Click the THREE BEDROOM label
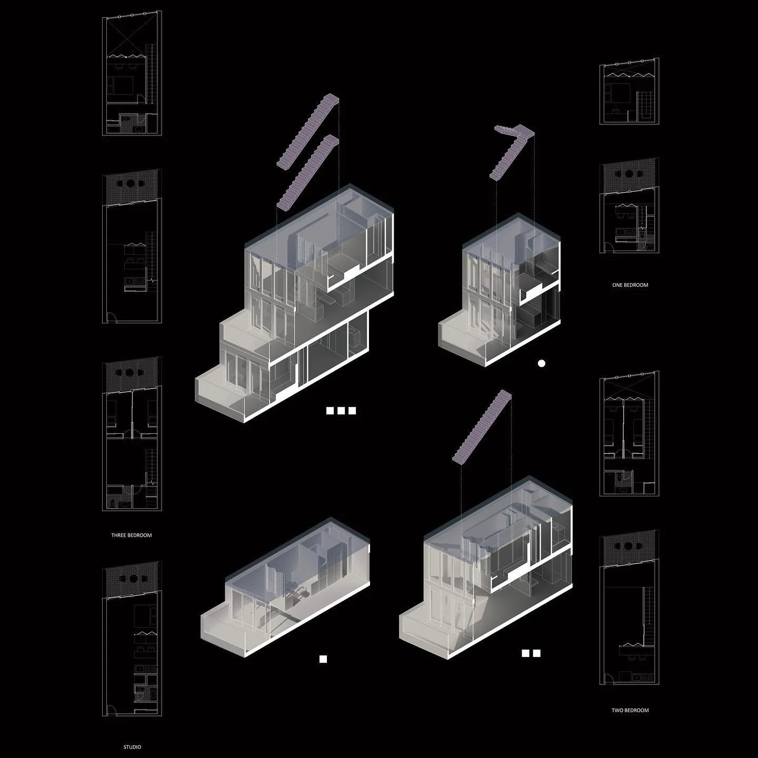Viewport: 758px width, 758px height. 131,535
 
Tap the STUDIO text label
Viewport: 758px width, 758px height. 132,746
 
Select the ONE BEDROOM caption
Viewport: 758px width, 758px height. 630,285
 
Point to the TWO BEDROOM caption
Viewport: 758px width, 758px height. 630,710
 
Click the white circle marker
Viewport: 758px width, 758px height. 541,363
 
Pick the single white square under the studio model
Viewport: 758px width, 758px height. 323,659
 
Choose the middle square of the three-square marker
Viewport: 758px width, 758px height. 341,411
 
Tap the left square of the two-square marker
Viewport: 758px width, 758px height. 525,653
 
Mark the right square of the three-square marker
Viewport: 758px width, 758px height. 352,411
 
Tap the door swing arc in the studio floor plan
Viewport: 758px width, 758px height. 110,711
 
